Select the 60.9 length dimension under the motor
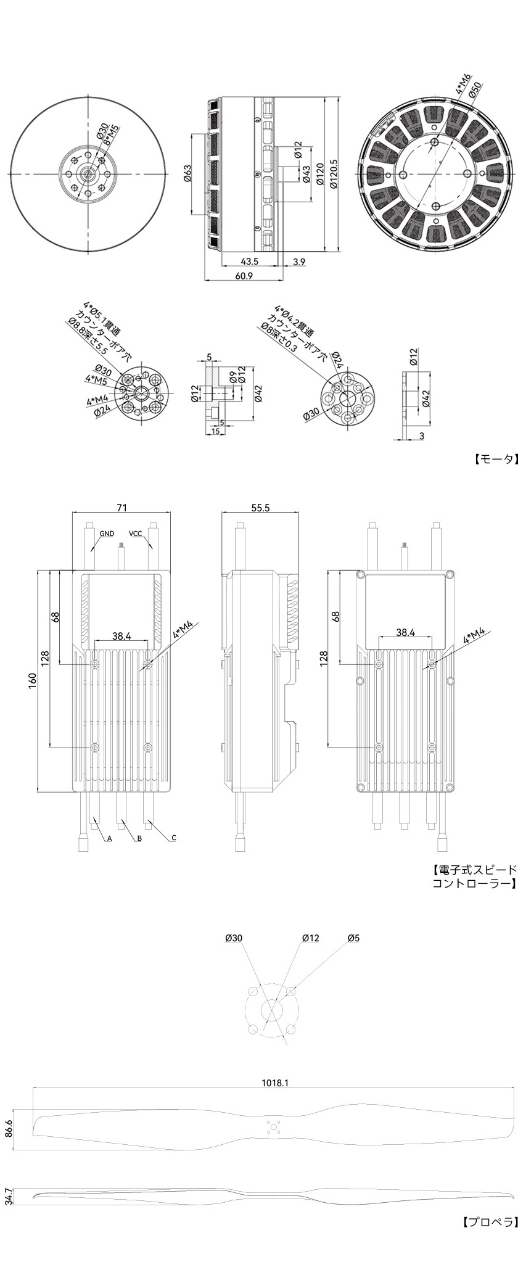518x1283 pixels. point(244,276)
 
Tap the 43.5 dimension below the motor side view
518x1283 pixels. point(250,262)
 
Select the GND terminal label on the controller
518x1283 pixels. point(107,533)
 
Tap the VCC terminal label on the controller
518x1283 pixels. point(136,533)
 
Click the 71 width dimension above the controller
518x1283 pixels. point(122,508)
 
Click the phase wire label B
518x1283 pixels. point(139,839)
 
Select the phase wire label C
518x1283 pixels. point(174,838)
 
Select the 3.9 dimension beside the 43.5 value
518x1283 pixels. point(299,262)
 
